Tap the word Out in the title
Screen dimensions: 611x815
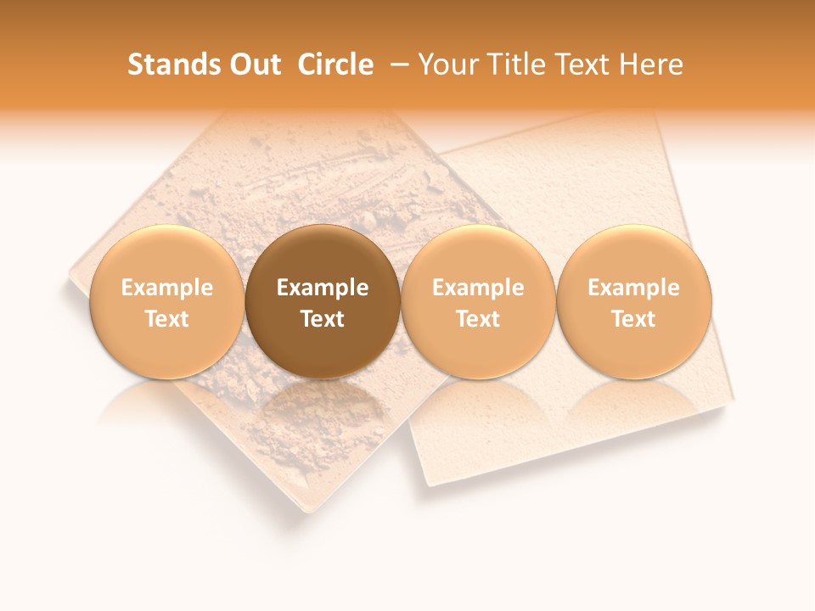pos(253,64)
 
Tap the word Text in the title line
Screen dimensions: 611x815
pos(586,64)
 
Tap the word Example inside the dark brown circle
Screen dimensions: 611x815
pos(323,288)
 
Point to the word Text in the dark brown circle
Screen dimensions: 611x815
pos(323,319)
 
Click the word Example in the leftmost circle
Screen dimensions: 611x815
pos(167,288)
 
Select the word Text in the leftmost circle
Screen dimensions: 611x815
pos(167,319)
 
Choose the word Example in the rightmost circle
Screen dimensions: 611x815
pos(634,288)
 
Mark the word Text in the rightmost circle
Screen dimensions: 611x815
pos(634,319)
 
